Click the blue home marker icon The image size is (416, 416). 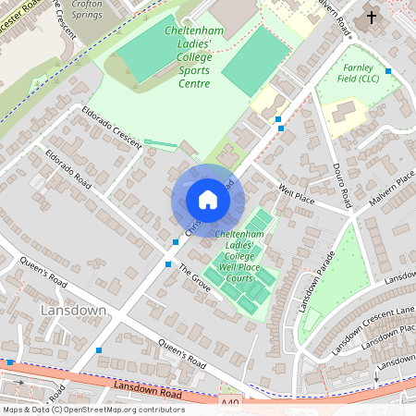(207, 200)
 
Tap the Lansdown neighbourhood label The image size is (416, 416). (73, 311)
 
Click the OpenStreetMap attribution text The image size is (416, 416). (92, 410)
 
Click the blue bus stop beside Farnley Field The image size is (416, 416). (388, 71)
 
